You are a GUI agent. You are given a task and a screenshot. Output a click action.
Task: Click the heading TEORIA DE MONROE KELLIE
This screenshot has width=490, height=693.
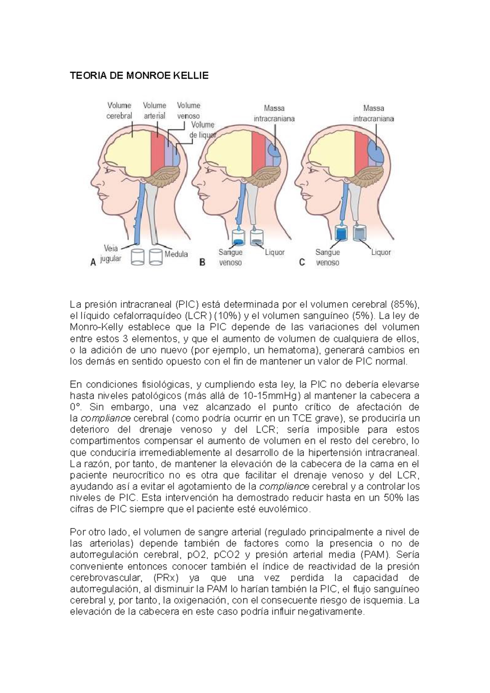[139, 76]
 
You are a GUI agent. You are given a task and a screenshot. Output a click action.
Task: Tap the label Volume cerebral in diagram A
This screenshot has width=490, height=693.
[119, 111]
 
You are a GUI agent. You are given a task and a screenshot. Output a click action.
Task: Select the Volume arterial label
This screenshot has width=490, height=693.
[154, 111]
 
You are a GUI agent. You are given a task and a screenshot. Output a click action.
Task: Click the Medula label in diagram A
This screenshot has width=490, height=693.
[176, 254]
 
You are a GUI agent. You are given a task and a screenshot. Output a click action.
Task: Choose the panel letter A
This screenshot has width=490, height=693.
[93, 263]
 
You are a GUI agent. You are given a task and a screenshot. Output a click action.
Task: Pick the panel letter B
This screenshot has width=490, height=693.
[202, 263]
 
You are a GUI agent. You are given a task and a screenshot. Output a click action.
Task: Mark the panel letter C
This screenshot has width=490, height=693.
[302, 262]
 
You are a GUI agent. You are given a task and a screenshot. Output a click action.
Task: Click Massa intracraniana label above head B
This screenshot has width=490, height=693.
[274, 113]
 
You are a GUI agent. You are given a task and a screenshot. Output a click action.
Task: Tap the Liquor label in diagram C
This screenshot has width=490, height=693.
[381, 252]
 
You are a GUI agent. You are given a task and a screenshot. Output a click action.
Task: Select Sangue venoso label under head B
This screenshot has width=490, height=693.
[230, 258]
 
